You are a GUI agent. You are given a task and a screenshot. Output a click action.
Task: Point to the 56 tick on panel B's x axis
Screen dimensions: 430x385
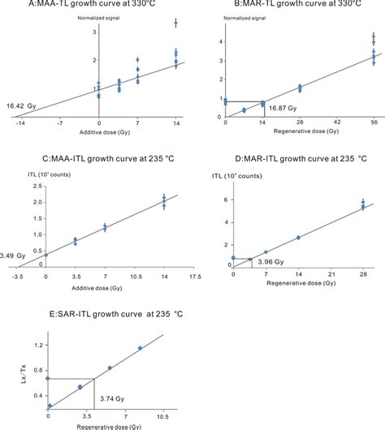pyautogui.click(x=374, y=123)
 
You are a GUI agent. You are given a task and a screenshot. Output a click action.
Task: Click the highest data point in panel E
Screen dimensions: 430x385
pyautogui.click(x=140, y=348)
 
